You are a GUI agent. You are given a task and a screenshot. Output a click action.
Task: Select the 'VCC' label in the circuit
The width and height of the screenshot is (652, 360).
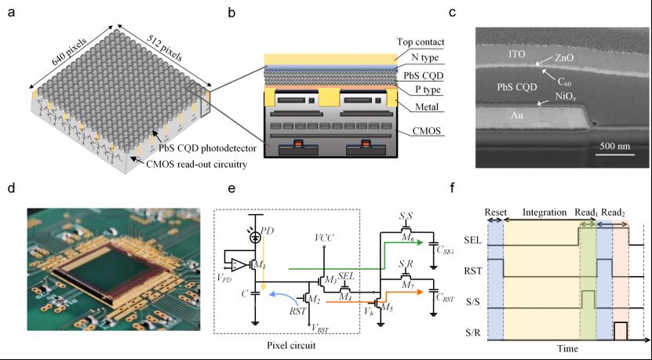tap(322, 235)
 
